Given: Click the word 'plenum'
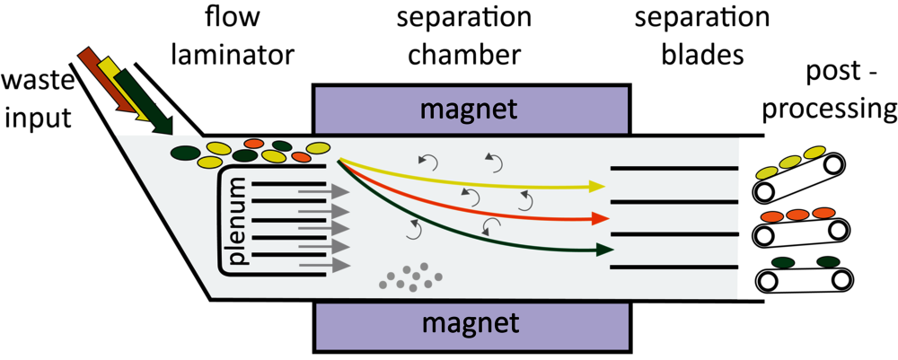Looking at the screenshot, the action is [238, 223].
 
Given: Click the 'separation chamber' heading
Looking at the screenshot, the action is [464, 38].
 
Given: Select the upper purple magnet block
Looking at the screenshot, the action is [471, 109].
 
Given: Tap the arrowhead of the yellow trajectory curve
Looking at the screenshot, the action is [597, 186].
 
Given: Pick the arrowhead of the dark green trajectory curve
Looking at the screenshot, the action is [604, 250].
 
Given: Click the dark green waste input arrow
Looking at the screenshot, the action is [145, 101].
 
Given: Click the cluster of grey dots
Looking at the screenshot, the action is [410, 277].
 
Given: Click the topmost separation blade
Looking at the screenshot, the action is [674, 168].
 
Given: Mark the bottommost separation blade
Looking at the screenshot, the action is [674, 268].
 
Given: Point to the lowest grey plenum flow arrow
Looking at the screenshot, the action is [324, 265].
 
